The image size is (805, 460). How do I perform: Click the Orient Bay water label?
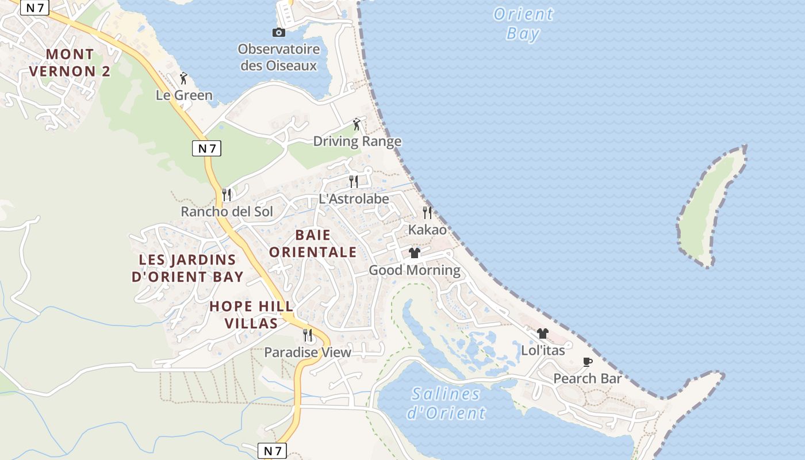pos(523,24)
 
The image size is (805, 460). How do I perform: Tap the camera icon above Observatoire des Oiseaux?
pos(279,32)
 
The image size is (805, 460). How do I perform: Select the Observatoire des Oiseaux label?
pos(279,57)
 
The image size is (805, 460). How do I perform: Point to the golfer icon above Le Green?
pos(184,78)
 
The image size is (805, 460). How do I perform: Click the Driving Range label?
pos(357,141)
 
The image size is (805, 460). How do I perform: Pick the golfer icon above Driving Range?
pos(357,124)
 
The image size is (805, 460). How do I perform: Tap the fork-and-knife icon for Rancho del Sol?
pos(227,194)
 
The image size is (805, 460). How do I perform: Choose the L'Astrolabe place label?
pos(354,199)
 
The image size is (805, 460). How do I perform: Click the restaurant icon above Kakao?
pos(427,213)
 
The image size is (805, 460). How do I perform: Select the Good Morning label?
pos(415,270)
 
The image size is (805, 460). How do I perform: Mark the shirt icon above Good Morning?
pos(415,253)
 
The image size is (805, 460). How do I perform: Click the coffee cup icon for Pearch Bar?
pos(587,362)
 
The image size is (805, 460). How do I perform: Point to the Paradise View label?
pos(308,352)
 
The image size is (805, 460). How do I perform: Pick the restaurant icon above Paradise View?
pos(308,335)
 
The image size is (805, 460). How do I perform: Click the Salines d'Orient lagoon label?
pos(446,403)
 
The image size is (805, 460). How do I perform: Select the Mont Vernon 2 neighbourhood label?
pos(70,63)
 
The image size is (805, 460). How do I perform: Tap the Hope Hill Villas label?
pos(251,315)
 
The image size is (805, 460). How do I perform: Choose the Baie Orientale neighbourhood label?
pos(313,243)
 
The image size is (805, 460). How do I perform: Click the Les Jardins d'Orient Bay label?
pos(187,268)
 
